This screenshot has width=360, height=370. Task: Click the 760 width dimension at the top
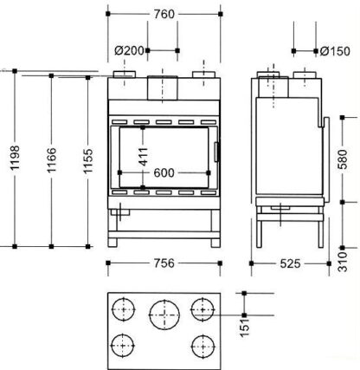coord(164,14)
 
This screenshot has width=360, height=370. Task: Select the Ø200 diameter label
coord(129,51)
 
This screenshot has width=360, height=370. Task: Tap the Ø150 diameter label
coord(335,51)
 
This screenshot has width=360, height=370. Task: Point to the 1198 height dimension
coord(15,158)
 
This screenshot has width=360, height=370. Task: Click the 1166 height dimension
coord(51,160)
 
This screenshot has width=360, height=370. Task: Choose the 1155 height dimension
coord(88,160)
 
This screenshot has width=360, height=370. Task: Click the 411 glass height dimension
coord(143,157)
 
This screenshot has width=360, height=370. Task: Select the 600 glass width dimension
coord(164,172)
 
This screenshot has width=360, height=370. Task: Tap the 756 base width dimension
coord(164,263)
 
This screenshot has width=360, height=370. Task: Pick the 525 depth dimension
coord(290,263)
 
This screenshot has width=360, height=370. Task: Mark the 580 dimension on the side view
coord(343,159)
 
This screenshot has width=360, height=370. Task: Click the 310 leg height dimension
coord(343,262)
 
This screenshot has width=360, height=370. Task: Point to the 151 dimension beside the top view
coord(245,328)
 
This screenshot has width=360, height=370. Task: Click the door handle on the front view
coord(216,152)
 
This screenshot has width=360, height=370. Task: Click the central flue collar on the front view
coord(163,88)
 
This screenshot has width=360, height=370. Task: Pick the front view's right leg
coord(215,228)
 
